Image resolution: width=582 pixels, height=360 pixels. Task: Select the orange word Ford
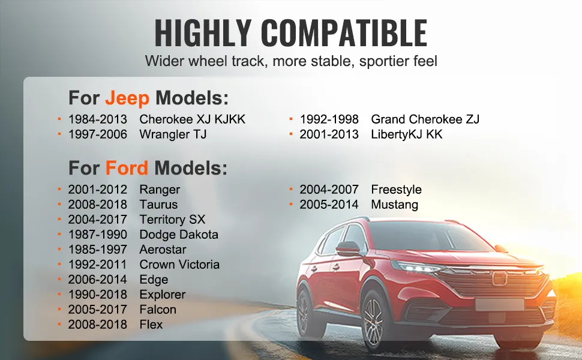click(x=127, y=168)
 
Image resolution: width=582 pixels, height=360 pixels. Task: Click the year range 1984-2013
click(x=98, y=119)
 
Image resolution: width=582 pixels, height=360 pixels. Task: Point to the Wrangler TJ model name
click(x=173, y=134)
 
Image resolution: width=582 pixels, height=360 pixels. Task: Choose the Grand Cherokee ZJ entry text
click(x=425, y=119)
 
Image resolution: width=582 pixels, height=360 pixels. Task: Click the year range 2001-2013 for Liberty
click(x=329, y=134)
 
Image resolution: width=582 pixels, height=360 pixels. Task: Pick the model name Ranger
click(x=160, y=190)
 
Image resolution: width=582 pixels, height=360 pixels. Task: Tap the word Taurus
click(x=158, y=205)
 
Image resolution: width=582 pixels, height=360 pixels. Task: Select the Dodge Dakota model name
click(x=179, y=235)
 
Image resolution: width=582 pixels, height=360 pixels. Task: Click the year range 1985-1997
click(x=98, y=250)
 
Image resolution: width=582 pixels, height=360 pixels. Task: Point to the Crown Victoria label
click(x=179, y=264)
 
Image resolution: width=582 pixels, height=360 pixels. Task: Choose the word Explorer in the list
click(x=163, y=295)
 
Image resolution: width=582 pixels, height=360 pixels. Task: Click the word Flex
click(x=151, y=325)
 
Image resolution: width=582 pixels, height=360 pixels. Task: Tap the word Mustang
click(x=395, y=205)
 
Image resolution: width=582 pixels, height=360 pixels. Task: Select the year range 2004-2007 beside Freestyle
click(x=329, y=190)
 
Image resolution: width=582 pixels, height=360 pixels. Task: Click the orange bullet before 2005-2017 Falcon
click(x=59, y=308)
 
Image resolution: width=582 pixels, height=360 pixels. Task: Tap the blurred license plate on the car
click(x=500, y=304)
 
